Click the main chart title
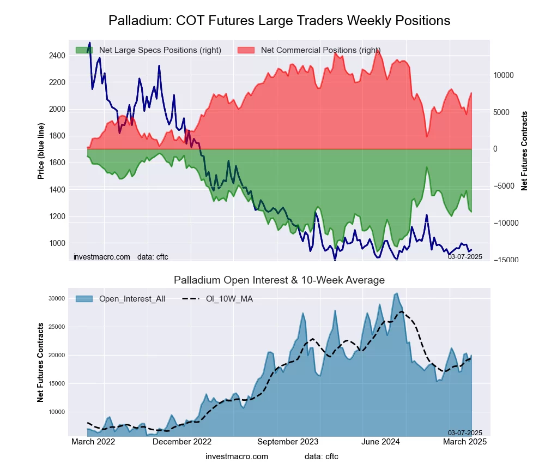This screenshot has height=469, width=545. [279, 21]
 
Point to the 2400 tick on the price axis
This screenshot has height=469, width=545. [56, 56]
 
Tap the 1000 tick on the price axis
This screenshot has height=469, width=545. [56, 243]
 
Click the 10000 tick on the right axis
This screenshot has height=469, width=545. [505, 75]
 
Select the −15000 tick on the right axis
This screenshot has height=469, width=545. [505, 260]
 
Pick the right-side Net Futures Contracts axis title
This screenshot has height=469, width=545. [525, 151]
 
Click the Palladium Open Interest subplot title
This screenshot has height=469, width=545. [279, 280]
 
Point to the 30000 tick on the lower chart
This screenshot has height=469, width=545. [57, 298]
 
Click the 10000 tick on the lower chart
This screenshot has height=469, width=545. [57, 412]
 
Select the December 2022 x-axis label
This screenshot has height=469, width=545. [181, 442]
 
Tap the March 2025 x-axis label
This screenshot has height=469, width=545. [464, 442]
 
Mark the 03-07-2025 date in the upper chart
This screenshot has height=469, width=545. [465, 256]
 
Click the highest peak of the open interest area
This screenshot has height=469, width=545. [396, 293]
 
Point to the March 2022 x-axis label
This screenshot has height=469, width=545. [93, 442]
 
